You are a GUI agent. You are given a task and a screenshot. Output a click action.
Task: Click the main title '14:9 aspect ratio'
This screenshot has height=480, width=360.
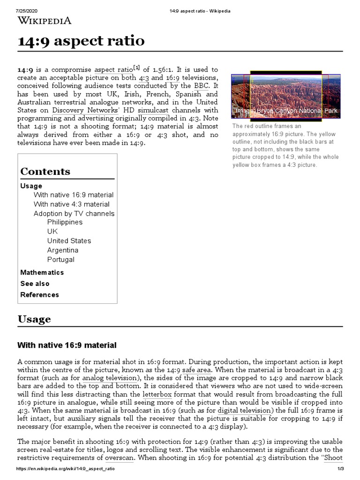(81, 41)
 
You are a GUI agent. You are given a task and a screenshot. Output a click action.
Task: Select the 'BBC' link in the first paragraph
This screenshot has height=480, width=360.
(199, 86)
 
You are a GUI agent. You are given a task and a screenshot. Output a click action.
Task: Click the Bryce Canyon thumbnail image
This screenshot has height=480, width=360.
(286, 94)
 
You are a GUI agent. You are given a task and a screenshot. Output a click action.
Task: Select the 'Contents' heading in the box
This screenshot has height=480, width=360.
(45, 172)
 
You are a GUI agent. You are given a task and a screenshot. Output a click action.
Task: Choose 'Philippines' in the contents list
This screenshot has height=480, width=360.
(65, 222)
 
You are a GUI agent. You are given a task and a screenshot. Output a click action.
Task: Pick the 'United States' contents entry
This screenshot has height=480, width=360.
(69, 241)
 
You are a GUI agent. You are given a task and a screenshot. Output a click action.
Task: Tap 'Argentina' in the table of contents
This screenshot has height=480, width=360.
(63, 250)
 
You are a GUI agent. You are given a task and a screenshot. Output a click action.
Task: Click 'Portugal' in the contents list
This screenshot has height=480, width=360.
(61, 260)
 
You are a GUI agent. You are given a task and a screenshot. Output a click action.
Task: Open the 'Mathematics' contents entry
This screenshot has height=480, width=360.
(42, 272)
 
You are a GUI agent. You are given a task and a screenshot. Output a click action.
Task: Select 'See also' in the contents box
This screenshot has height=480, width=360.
(35, 284)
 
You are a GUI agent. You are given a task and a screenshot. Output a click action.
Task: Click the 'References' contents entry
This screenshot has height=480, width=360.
(40, 295)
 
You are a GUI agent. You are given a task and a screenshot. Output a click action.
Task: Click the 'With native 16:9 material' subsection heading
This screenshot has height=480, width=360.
(67, 345)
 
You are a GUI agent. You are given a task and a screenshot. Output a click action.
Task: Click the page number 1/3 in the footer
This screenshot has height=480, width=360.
(341, 469)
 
